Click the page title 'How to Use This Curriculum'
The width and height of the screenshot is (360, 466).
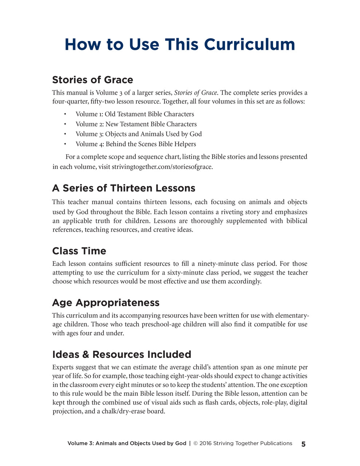180,45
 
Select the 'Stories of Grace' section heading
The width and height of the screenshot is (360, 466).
92,80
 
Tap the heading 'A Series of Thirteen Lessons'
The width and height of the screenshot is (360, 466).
123,188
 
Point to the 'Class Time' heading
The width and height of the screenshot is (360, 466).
79,251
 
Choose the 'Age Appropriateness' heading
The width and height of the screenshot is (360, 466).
106,303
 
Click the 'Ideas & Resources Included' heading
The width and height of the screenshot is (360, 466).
122,354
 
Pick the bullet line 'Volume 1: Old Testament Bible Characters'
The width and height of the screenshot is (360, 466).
135,114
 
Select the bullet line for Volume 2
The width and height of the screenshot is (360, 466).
136,124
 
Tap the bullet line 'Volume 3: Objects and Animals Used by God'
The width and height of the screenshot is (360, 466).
139,134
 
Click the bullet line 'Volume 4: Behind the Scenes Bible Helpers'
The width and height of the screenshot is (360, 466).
136,144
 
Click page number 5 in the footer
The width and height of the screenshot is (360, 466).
303,444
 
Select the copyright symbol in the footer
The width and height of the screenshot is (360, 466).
195,443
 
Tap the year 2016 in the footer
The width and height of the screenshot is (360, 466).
206,443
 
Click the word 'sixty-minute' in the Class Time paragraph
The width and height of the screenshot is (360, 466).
185,273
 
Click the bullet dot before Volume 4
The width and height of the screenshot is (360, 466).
65,144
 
